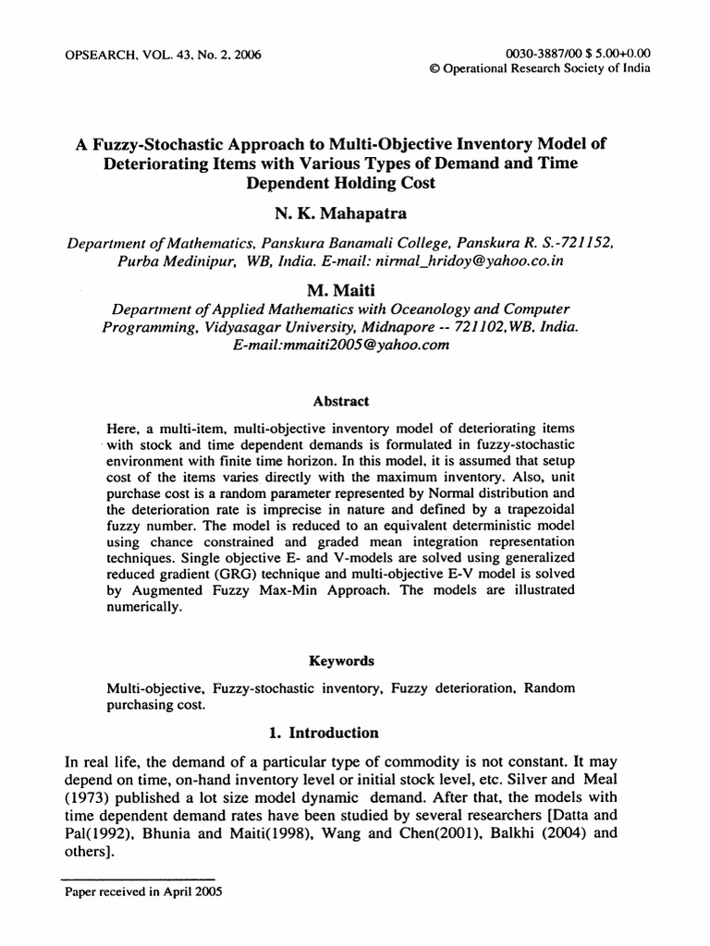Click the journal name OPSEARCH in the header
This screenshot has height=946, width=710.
click(98, 55)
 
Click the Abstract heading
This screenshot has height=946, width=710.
click(342, 402)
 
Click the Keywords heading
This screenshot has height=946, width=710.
click(342, 661)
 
